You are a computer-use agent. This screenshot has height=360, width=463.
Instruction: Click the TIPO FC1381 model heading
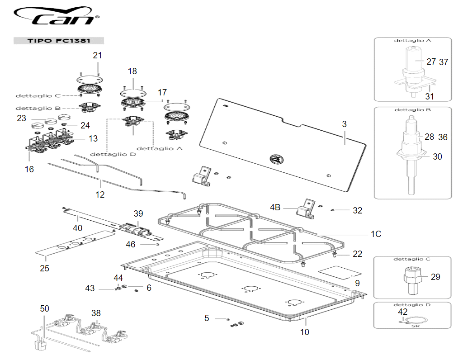click(59, 40)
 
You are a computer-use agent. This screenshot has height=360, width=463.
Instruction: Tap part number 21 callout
click(98, 56)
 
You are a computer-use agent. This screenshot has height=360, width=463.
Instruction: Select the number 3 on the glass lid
click(344, 124)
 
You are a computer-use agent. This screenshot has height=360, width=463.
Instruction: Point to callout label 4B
click(275, 207)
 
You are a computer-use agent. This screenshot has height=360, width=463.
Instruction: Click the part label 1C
click(376, 234)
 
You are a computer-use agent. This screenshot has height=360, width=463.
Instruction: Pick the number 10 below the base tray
click(305, 332)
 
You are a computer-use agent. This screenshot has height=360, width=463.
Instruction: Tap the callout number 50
click(44, 308)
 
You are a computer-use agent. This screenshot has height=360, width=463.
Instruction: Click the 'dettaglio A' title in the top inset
click(412, 41)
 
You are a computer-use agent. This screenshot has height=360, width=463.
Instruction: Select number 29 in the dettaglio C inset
click(435, 277)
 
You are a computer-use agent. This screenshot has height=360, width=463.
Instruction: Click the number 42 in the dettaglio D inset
click(402, 312)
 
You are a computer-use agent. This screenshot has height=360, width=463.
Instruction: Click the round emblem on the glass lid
click(275, 159)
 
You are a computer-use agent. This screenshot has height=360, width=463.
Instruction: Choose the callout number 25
click(44, 268)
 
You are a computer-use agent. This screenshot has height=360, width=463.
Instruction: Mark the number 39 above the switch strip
click(138, 213)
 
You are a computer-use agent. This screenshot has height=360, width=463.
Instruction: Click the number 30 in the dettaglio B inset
click(437, 156)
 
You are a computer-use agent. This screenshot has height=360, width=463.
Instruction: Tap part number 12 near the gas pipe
click(100, 194)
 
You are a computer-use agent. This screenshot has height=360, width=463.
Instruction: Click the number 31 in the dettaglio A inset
click(429, 96)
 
